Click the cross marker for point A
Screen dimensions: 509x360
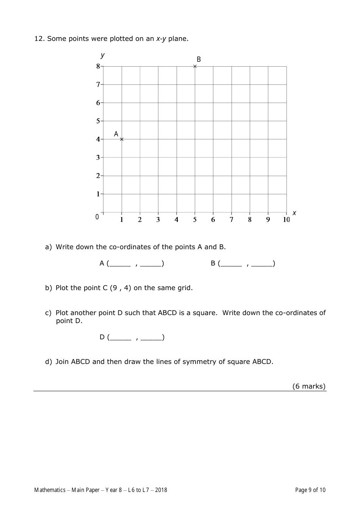click(122, 139)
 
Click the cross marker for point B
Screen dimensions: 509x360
click(195, 66)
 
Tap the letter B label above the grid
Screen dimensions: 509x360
click(199, 59)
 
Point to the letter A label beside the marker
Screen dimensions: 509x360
click(116, 134)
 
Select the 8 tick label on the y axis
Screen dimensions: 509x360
click(98, 66)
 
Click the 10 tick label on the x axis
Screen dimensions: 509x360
click(286, 220)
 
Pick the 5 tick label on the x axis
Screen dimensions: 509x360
click(195, 220)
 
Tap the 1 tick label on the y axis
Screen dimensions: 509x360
click(98, 194)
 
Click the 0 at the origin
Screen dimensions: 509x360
click(97, 217)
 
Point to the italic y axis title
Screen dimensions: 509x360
click(102, 55)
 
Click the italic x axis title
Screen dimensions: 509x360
click(294, 213)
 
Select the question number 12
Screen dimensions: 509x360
click(39, 39)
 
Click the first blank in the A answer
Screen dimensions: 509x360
click(120, 264)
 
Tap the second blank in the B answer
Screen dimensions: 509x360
click(262, 264)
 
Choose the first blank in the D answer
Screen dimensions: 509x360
click(121, 338)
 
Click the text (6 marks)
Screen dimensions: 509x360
click(309, 386)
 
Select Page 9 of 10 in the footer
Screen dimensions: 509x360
click(310, 490)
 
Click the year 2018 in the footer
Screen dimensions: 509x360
click(161, 490)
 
